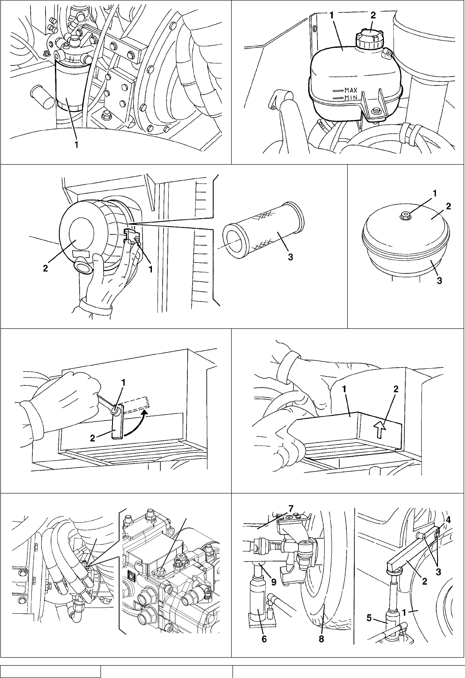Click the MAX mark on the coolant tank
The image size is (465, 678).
click(350, 90)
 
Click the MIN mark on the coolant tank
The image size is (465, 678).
click(350, 97)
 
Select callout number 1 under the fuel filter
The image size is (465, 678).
click(77, 144)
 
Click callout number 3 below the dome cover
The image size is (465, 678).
click(440, 280)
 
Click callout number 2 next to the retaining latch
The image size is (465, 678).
click(93, 438)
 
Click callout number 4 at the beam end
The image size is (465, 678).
click(449, 520)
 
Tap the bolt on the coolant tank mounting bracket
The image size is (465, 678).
click(376, 111)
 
